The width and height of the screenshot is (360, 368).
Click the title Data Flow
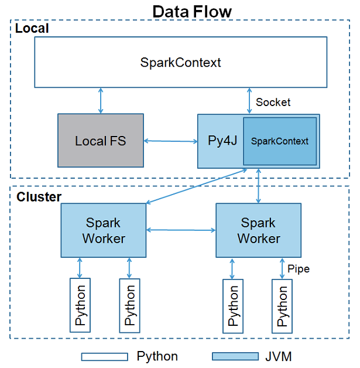tap(192, 12)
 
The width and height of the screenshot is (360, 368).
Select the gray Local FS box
tap(101, 141)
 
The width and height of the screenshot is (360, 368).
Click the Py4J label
tap(222, 141)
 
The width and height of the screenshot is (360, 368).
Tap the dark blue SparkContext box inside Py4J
tap(280, 141)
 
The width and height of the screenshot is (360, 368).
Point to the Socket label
tap(273, 102)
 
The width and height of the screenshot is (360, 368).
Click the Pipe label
tap(299, 269)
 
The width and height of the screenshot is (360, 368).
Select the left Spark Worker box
tap(104, 230)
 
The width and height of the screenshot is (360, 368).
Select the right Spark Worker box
tap(259, 230)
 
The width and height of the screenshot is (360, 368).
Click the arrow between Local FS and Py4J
tap(171, 141)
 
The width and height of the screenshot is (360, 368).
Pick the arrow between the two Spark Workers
tap(181, 230)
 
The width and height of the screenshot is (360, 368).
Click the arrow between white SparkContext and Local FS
tap(101, 101)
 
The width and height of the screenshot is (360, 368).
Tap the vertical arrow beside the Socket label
tap(249, 101)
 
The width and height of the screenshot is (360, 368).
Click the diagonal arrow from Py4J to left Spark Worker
tap(197, 186)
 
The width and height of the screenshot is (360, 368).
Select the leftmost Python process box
tap(80, 305)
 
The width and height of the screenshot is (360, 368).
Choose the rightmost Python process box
tap(282, 306)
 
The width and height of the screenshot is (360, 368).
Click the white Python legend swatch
tap(105, 357)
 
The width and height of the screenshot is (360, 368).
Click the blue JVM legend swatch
tap(235, 356)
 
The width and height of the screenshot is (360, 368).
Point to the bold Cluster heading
tap(39, 197)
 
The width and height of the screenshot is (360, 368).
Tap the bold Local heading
tap(32, 28)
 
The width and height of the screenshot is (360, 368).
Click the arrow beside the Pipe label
tap(282, 268)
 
